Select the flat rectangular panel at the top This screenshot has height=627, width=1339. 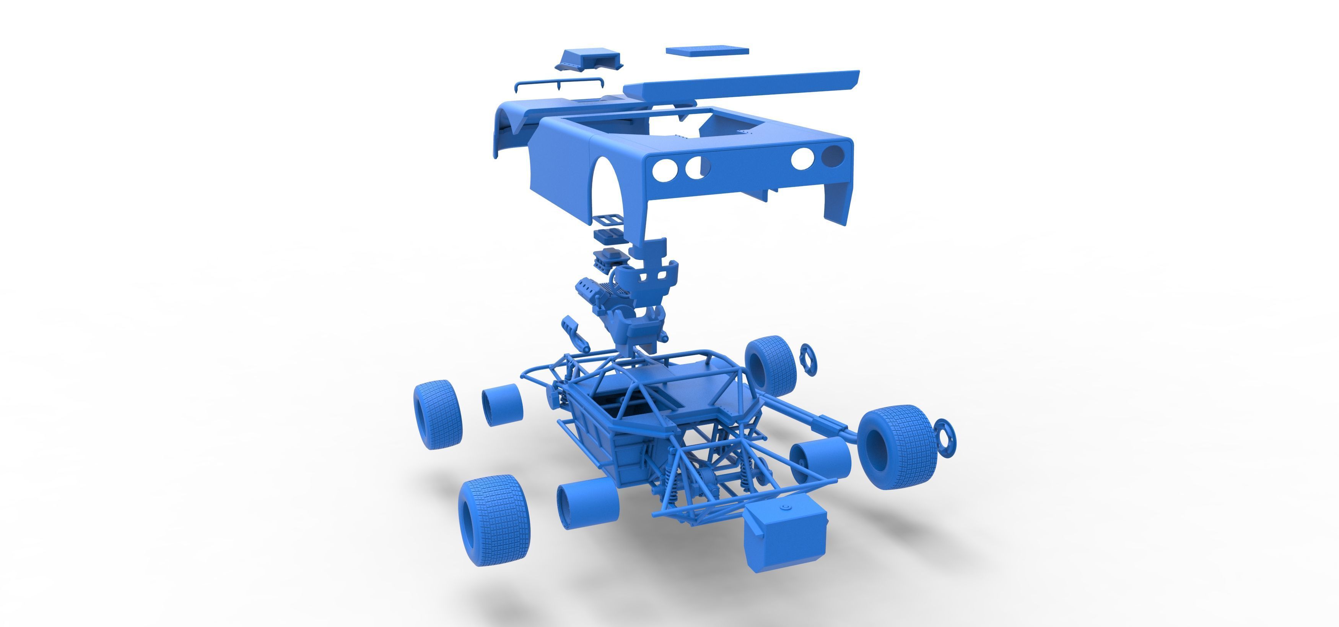tap(707, 50)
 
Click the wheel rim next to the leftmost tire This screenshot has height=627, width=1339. tap(502, 405)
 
